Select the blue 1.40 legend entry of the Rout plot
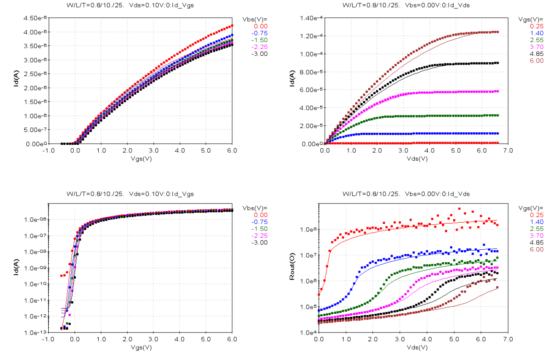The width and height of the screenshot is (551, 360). click(536, 222)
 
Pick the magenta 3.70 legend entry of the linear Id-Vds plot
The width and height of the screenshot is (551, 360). click(536, 47)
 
